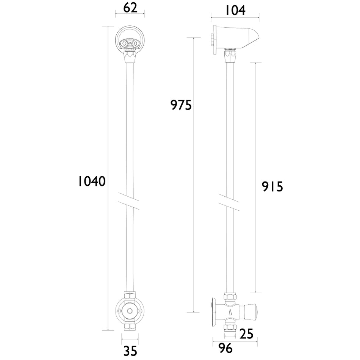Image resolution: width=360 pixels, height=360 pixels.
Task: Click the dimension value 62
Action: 130,8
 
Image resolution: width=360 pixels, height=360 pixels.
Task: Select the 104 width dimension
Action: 235,10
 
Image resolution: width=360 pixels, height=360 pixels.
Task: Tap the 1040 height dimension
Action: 92,181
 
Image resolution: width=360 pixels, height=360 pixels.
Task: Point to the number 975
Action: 181,105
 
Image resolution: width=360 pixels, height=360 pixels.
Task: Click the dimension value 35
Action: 130,351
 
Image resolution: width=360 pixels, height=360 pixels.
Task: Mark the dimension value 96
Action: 225,348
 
